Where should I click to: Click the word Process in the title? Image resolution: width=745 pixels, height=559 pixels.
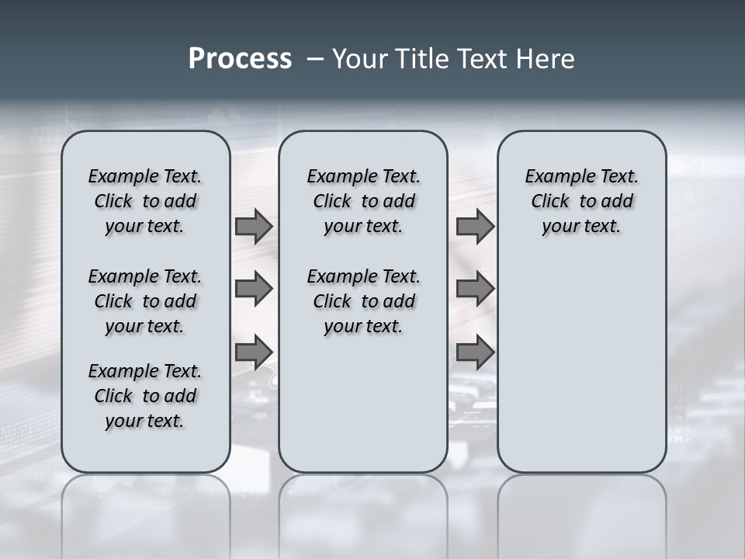pos(240,59)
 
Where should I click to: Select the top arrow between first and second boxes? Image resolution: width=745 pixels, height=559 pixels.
pos(254,226)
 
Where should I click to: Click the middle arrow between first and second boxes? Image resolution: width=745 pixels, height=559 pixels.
pos(254,289)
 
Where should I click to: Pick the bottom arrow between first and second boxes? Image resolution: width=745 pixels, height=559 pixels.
pos(254,352)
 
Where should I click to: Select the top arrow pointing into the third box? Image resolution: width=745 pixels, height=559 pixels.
pos(475,226)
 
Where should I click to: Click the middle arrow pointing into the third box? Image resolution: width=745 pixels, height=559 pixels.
pos(475,289)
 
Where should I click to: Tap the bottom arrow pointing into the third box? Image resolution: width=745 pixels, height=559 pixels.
pos(475,352)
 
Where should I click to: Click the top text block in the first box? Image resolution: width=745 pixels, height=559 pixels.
pos(145,201)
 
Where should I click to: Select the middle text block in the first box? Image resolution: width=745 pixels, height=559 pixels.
pos(145,301)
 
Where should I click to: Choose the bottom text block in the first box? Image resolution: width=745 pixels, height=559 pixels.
pos(145,396)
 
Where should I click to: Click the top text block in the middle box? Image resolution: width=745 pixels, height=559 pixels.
pos(363,201)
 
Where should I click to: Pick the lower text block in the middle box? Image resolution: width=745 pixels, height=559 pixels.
pos(363,301)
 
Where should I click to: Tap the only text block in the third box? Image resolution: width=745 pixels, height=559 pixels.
pos(581,201)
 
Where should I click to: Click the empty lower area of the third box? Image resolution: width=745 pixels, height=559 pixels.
pos(581,365)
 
